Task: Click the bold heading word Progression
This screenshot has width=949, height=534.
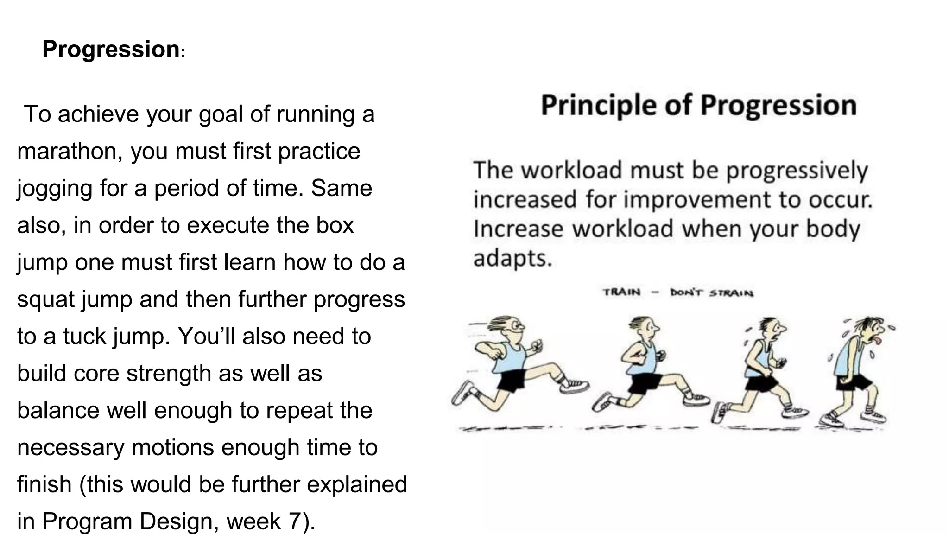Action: tap(110, 49)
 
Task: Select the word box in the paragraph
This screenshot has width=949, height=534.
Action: tap(335, 225)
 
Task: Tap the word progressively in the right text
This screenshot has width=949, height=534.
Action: tap(797, 171)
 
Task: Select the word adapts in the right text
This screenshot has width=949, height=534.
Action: tap(512, 258)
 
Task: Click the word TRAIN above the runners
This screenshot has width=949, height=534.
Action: tap(621, 292)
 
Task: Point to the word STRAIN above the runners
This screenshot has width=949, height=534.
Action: tap(732, 293)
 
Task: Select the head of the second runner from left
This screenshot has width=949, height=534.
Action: tap(642, 329)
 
